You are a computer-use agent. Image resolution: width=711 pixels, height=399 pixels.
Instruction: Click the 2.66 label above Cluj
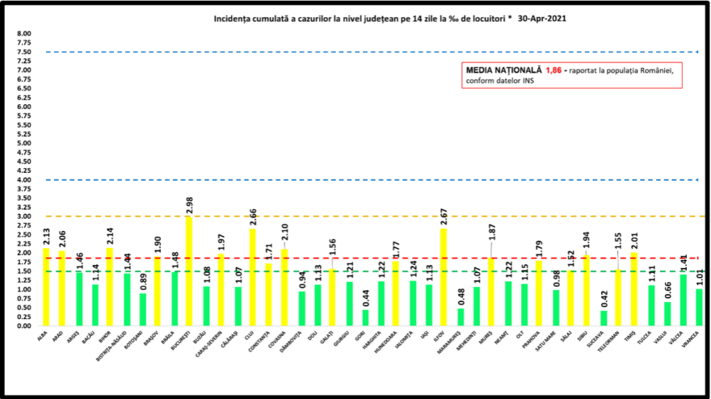[x=253, y=216]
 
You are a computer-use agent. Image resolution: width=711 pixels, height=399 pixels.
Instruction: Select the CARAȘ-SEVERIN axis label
[x=220, y=343]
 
